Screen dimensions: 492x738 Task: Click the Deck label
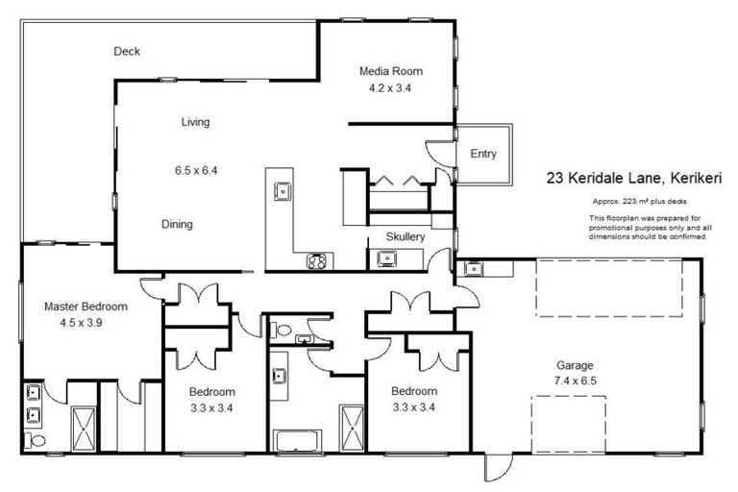click(x=127, y=52)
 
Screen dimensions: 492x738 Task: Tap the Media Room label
click(x=390, y=71)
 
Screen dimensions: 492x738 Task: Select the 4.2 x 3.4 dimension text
click(x=390, y=87)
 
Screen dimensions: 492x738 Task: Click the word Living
click(x=195, y=122)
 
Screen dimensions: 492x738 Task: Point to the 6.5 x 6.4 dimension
click(x=196, y=171)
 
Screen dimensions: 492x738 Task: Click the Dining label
click(x=177, y=225)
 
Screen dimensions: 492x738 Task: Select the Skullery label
click(x=405, y=236)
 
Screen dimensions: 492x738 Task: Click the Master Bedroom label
click(x=86, y=307)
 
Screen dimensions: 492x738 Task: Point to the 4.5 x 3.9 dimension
click(x=86, y=323)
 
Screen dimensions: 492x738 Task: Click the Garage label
click(x=576, y=365)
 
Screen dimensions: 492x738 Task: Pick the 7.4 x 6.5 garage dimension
click(x=576, y=381)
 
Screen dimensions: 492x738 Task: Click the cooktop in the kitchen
click(x=316, y=259)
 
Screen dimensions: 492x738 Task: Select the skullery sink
click(x=386, y=258)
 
